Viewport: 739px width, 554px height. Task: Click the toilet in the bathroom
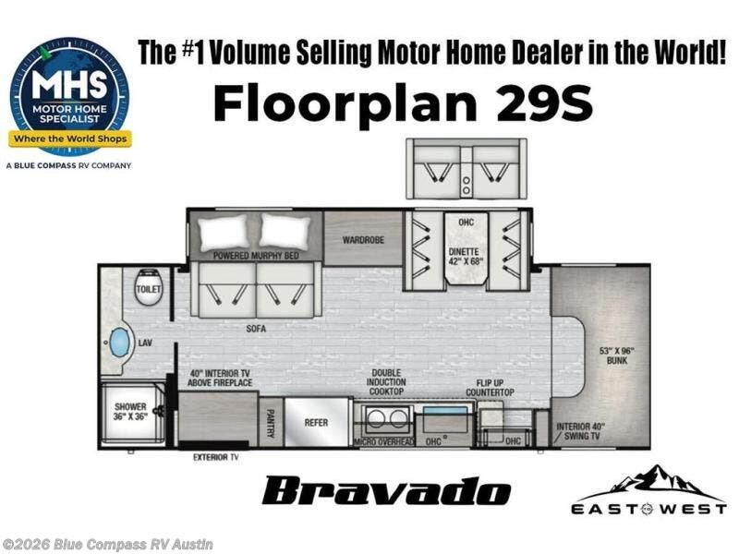point(149,287)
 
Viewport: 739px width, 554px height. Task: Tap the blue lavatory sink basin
point(119,343)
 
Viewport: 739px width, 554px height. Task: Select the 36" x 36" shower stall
point(132,413)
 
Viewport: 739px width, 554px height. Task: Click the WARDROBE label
point(363,240)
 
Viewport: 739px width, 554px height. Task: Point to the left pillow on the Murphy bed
point(224,233)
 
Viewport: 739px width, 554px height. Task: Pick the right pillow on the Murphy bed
point(285,231)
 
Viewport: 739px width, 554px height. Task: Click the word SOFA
point(256,329)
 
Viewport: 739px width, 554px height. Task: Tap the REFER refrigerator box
point(316,422)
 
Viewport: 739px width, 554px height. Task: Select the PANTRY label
point(271,424)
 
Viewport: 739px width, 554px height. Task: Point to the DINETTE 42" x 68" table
point(466,248)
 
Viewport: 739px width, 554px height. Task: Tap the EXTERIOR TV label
point(216,457)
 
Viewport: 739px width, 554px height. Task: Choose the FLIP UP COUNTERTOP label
point(490,388)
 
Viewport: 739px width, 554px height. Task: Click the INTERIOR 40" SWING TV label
point(580,431)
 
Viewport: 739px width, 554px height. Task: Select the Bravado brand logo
point(386,491)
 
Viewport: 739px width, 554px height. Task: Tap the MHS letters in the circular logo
point(69,85)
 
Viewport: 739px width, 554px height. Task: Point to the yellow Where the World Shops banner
point(70,138)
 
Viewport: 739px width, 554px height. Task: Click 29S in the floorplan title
point(544,102)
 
